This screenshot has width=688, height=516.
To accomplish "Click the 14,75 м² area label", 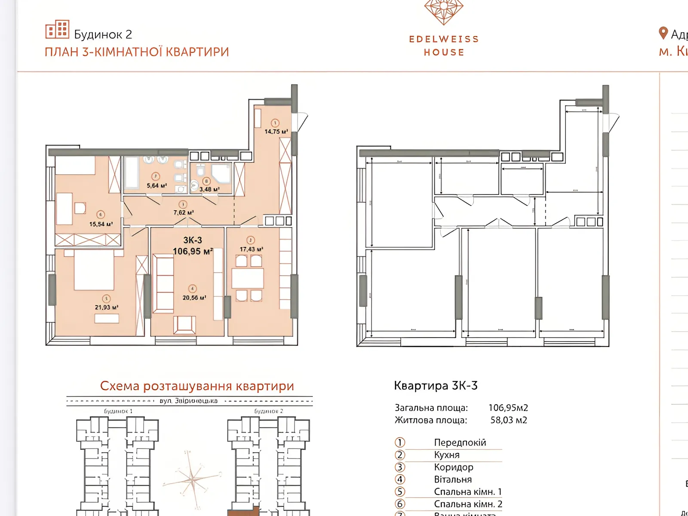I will (276, 132).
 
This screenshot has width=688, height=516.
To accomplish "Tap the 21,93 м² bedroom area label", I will (106, 307).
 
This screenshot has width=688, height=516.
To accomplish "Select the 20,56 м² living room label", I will (194, 298).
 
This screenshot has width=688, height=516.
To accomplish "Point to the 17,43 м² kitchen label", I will (251, 249).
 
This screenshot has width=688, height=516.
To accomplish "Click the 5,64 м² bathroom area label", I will (157, 186).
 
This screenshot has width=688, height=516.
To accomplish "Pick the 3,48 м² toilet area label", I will (209, 189).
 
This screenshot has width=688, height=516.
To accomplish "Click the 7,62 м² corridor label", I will (183, 212).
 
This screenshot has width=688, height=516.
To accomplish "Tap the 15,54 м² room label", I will (101, 224).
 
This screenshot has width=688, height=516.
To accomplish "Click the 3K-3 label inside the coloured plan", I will (192, 240).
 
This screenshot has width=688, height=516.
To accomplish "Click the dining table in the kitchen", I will (248, 279).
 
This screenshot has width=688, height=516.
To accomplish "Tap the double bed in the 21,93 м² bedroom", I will (94, 270).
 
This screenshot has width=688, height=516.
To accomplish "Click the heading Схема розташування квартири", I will (197, 386).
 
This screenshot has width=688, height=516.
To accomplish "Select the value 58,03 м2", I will (508, 420).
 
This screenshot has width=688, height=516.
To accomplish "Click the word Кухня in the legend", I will (446, 455).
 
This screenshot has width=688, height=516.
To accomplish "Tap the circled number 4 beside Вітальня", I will (400, 479).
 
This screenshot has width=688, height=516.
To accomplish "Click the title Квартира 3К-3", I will (436, 386).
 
